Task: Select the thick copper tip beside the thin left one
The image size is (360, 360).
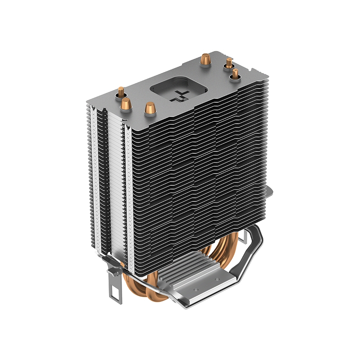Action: (x=126, y=104)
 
